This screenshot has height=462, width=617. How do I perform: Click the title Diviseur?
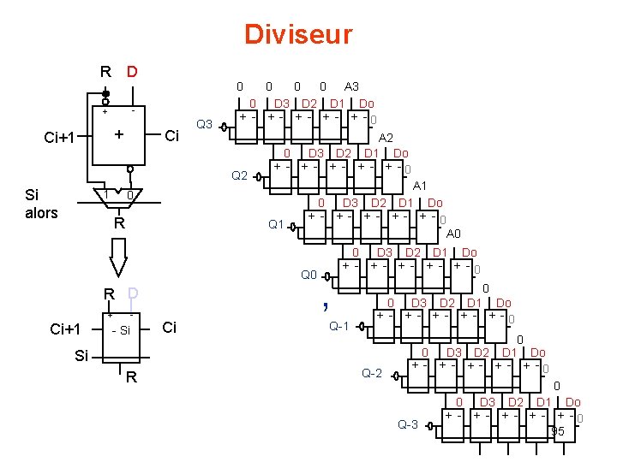pos(297,34)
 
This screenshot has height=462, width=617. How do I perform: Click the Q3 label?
pos(206,124)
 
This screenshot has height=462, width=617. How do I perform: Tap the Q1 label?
pos(277,225)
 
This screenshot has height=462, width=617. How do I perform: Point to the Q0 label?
pos(309,275)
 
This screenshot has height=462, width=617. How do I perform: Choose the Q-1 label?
pos(340,326)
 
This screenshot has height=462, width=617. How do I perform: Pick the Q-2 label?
pos(372,373)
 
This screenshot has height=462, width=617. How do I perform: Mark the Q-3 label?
pos(408,424)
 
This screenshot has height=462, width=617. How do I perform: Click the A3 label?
pos(351,86)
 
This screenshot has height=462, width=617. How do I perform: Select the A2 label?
pos(386,138)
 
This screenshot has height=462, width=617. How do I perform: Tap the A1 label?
pos(421,186)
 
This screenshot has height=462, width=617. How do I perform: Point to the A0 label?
pos(454,234)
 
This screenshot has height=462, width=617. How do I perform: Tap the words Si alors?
pos(41,204)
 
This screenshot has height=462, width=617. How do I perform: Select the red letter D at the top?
pos(133,71)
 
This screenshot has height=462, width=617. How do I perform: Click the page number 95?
pos(557,431)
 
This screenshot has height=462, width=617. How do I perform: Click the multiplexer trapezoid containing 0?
pos(124,197)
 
